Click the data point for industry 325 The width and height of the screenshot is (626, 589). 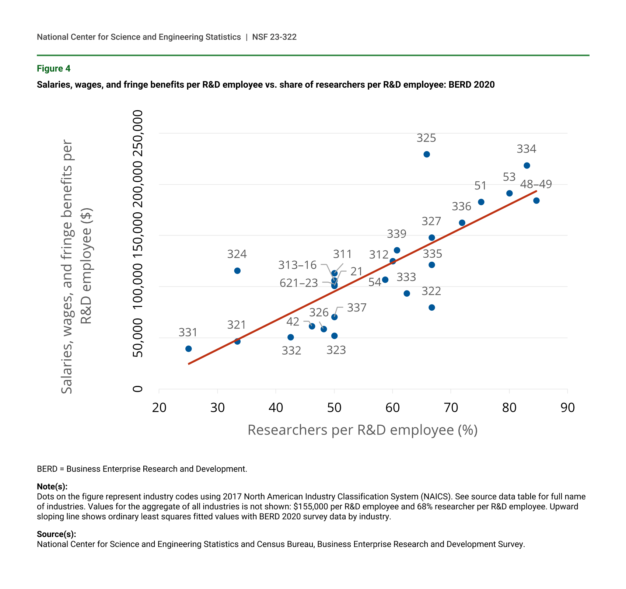point(427,154)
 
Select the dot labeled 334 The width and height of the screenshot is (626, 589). point(527,165)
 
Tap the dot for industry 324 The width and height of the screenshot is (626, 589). point(237,271)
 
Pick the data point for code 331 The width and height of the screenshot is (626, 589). point(189,349)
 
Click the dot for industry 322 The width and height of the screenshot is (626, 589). point(432,307)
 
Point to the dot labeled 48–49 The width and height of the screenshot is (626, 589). point(536,201)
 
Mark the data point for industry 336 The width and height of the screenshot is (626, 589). point(462,223)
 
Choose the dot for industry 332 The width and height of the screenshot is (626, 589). point(291,337)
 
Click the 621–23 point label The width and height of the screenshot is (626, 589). point(298,283)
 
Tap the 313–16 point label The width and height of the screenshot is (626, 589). point(297,265)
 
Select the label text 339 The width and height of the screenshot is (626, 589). point(396,234)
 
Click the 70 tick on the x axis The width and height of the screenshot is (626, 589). point(451,408)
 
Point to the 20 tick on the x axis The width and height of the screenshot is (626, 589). point(159,408)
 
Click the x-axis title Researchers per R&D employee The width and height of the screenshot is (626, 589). point(363,430)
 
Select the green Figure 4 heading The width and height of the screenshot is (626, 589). point(54,69)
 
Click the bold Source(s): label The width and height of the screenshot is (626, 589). point(56,534)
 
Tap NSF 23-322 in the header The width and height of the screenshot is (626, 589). point(274,37)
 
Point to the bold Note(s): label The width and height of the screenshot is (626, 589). point(52,487)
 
